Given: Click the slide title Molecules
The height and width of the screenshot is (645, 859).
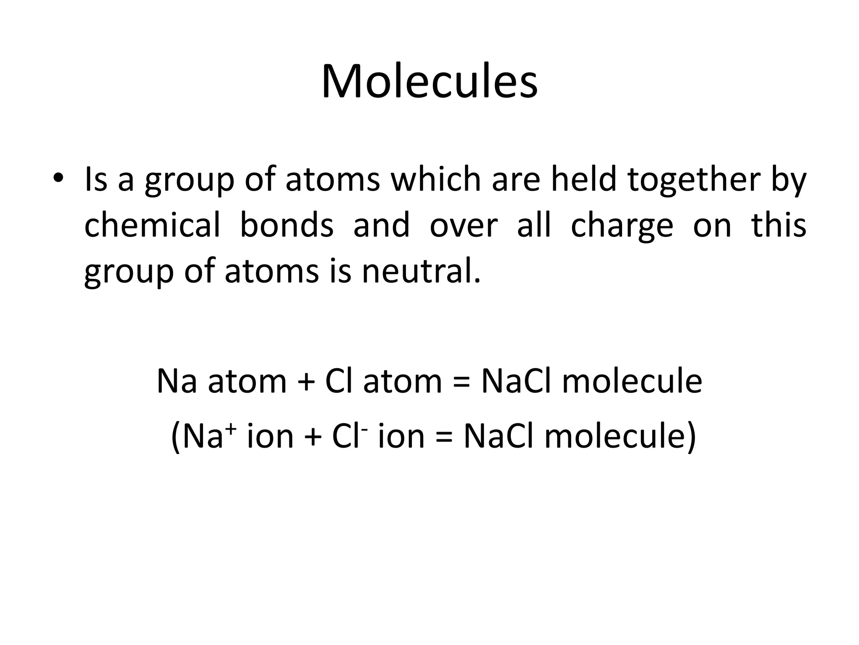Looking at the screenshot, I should pos(429,82).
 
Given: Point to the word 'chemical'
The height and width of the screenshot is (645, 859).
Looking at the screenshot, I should pos(152,225).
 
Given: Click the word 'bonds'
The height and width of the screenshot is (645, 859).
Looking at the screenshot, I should pos(286,225).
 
